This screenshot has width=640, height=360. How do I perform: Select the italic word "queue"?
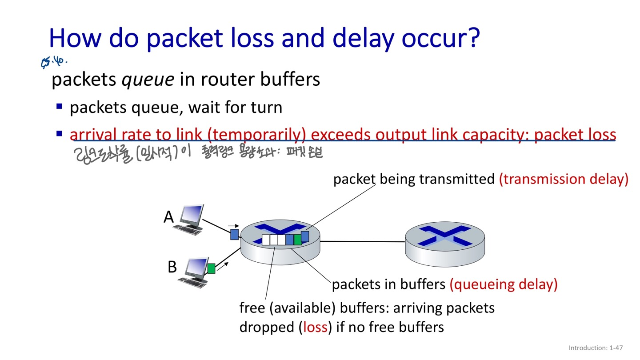148,80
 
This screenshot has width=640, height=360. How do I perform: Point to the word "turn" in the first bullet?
266,107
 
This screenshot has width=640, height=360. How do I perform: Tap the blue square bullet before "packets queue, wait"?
60,107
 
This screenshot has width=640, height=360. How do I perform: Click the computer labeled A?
191,219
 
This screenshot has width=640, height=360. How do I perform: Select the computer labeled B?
192,272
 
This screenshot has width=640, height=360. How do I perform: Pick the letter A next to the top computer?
168,217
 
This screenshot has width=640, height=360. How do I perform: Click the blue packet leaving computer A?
234,234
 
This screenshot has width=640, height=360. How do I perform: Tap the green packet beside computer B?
211,268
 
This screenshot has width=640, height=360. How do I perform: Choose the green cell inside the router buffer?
297,240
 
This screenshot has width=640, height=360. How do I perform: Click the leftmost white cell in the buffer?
266,240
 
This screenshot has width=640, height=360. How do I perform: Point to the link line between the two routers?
362,242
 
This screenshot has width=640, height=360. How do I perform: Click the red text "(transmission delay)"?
564,179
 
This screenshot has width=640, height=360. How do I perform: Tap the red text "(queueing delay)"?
503,284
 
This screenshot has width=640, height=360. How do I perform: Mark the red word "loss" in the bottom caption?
316,328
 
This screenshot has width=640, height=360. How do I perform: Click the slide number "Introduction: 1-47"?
596,348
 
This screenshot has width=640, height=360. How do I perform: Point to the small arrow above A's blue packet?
233,226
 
